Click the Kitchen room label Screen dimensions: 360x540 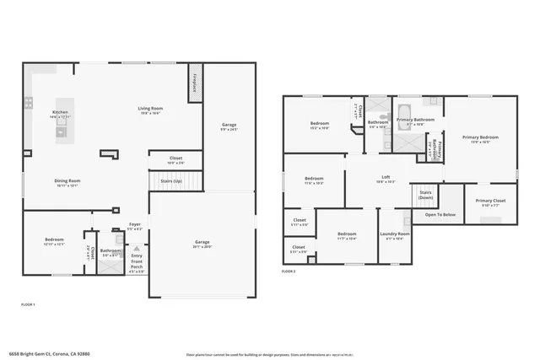point(60,112)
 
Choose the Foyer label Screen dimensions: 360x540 point(135,224)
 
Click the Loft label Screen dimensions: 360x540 point(385,178)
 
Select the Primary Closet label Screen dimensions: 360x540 point(490,201)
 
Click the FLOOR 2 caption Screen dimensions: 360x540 point(289,272)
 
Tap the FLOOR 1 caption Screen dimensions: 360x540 point(28,304)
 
